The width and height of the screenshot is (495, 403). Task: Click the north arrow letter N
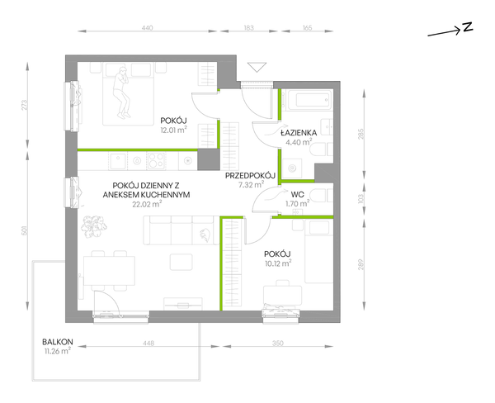click(468, 27)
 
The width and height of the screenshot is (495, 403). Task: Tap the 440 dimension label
click(147, 28)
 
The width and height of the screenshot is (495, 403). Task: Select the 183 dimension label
click(249, 28)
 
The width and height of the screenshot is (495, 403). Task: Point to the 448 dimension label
click(148, 343)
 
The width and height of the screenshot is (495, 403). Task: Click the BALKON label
click(58, 342)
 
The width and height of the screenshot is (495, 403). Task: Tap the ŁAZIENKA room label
click(299, 133)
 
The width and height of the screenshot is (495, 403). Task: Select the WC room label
click(298, 193)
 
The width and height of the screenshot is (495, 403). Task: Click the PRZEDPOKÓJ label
click(250, 175)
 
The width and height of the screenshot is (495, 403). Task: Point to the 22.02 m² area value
click(147, 204)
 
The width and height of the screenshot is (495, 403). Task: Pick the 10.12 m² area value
click(278, 263)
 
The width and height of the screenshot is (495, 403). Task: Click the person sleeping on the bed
click(121, 92)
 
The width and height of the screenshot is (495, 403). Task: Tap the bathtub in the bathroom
click(307, 100)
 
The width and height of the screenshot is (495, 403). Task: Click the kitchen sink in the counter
click(117, 160)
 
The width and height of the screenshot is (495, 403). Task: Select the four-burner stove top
click(156, 160)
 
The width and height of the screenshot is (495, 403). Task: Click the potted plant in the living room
click(93, 225)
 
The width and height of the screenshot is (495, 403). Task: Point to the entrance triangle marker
click(257, 67)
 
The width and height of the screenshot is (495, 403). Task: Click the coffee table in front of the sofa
click(181, 262)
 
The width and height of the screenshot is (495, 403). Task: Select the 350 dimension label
click(278, 343)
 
